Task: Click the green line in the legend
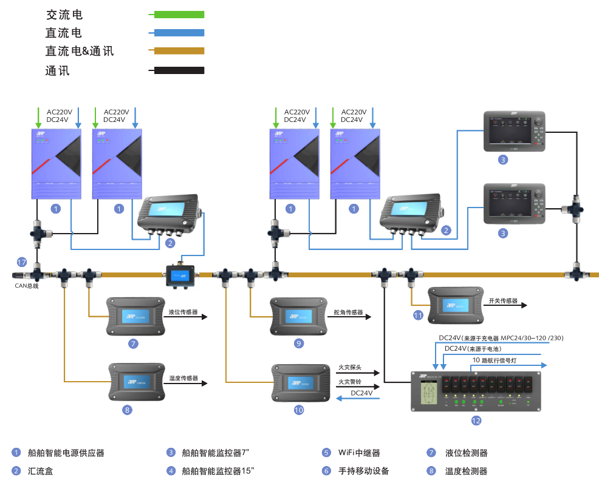(178, 14)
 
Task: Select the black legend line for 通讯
(178, 70)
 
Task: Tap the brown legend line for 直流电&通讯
(178, 51)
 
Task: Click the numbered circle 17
(22, 262)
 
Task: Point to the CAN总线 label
(27, 285)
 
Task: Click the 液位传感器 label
(183, 312)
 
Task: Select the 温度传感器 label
(183, 378)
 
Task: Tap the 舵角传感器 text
(348, 313)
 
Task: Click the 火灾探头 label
(350, 367)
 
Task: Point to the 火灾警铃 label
(350, 381)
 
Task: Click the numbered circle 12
(476, 420)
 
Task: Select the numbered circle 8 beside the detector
(126, 410)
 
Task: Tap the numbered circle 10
(298, 410)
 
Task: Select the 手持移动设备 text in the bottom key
(363, 471)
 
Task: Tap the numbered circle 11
(418, 316)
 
